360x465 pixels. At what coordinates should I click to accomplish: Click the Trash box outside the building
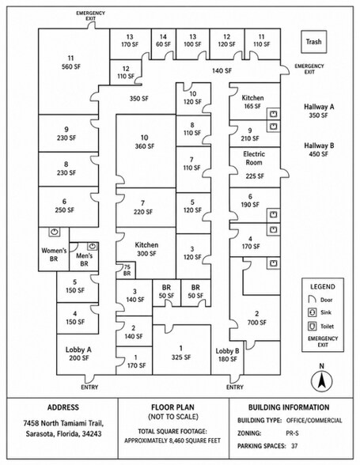coord(313,42)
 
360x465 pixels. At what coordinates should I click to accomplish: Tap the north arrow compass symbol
coord(321,381)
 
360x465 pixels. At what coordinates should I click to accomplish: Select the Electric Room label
coord(254,158)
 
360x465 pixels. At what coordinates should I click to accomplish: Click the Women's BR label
coord(54,255)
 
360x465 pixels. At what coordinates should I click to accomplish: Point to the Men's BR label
coord(85,259)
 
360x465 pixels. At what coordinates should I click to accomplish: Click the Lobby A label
coord(78,350)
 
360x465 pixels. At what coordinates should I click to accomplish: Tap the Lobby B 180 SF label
coord(227,355)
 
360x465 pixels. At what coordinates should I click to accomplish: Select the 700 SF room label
coord(256,318)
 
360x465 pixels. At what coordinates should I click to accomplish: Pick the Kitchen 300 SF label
coord(146,249)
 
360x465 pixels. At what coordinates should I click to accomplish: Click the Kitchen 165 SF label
coord(252,102)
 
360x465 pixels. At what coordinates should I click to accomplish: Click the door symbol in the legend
coord(312,300)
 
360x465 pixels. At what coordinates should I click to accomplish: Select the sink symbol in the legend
coord(312,312)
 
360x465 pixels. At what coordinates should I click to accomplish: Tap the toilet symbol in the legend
coord(312,326)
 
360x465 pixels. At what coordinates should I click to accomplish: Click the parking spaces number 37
coord(294,446)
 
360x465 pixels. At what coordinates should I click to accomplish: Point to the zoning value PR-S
coord(293,433)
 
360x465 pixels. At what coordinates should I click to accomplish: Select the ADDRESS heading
coord(63,407)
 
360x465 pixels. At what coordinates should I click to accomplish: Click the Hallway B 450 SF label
coord(319,149)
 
